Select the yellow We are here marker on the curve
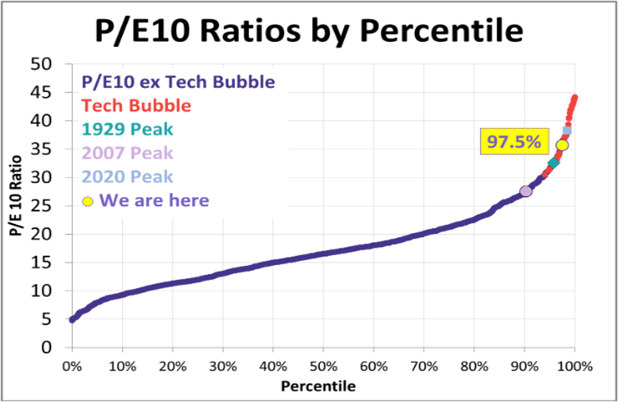pyautogui.click(x=562, y=145)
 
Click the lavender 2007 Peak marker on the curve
pyautogui.click(x=526, y=191)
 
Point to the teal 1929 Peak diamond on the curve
pyautogui.click(x=553, y=163)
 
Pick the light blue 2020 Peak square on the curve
pyautogui.click(x=567, y=131)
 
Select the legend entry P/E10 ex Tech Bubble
pyautogui.click(x=179, y=82)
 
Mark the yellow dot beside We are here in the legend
pyautogui.click(x=88, y=202)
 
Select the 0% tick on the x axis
pyautogui.click(x=72, y=367)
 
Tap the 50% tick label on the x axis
pyautogui.click(x=323, y=367)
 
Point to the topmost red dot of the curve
pyautogui.click(x=575, y=98)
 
